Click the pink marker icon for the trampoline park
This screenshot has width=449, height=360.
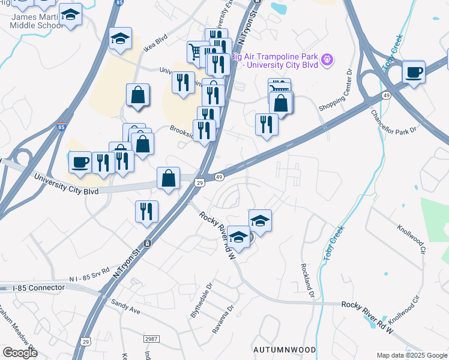pos(327,59)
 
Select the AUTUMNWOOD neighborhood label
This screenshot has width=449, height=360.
pos(284,349)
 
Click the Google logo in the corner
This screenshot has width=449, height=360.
pos(20,353)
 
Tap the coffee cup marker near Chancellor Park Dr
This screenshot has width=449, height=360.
pos(414,73)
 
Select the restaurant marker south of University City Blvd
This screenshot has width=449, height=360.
pos(146,211)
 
